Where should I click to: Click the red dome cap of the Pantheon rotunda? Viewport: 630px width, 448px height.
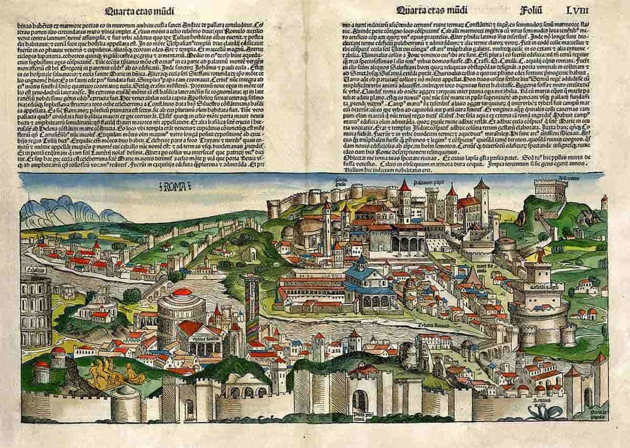pyautogui.click(x=182, y=292)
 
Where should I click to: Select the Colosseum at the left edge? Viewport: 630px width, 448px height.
pyautogui.click(x=36, y=310)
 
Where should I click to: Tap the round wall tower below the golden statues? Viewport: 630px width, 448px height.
pyautogui.click(x=126, y=402)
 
